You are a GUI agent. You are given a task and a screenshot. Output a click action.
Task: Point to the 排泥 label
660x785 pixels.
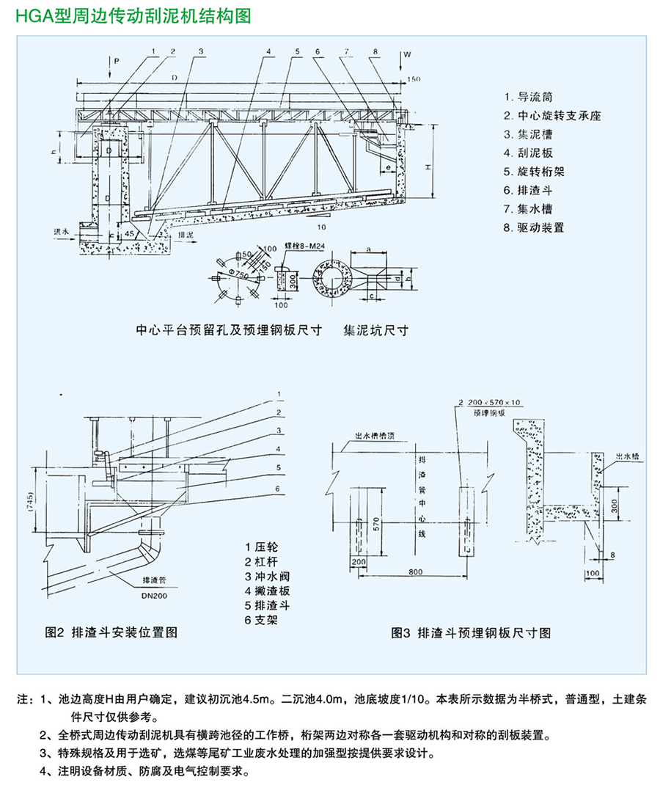pyautogui.click(x=186, y=233)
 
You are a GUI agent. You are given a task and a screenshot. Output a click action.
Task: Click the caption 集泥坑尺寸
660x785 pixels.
pyautogui.click(x=375, y=330)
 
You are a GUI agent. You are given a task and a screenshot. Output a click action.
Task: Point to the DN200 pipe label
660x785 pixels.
pyautogui.click(x=154, y=596)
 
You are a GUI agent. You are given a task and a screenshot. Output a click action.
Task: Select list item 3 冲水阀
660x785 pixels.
pyautogui.click(x=268, y=576)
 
